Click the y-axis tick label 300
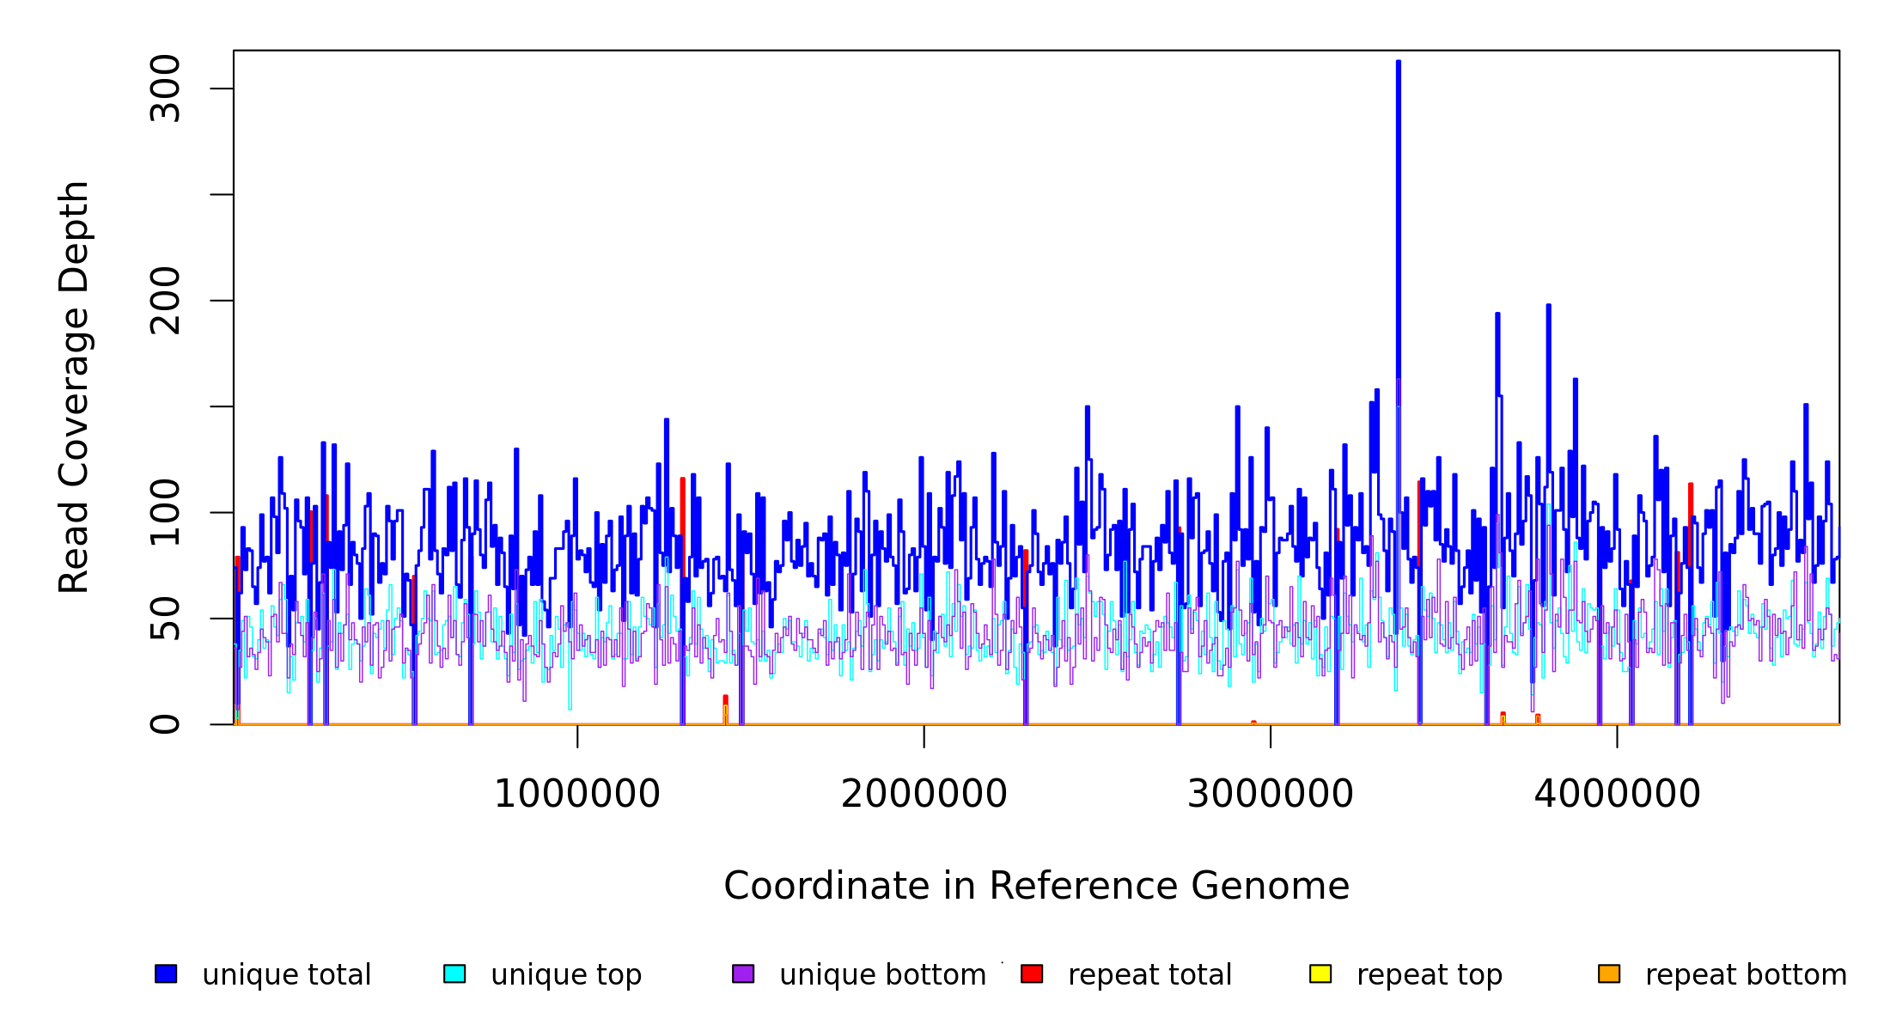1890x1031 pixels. (165, 88)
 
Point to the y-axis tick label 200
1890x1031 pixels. (165, 301)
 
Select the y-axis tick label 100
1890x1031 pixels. (165, 512)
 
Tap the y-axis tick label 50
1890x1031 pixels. (165, 619)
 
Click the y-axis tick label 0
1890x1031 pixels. (165, 724)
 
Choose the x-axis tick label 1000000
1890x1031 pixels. (577, 794)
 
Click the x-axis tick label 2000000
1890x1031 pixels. (924, 794)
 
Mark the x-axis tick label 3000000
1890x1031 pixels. (1270, 794)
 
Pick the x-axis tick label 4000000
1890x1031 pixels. (1617, 794)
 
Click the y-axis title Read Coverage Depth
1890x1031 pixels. (74, 387)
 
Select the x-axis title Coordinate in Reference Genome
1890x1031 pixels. (1036, 887)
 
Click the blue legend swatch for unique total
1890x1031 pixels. (166, 973)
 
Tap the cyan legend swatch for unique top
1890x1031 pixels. (454, 973)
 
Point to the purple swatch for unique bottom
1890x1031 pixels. (743, 973)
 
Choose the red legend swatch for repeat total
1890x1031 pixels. (1032, 973)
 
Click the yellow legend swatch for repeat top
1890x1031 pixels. (1320, 973)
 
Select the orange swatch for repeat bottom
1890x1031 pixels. (1609, 973)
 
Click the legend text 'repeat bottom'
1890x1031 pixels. (1746, 975)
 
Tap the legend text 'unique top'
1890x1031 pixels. (566, 975)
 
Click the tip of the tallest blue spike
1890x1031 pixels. (1399, 62)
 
